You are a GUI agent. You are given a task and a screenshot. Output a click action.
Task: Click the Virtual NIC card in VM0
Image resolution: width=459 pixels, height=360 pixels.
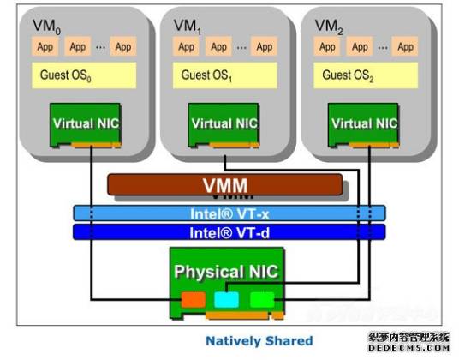click(x=85, y=123)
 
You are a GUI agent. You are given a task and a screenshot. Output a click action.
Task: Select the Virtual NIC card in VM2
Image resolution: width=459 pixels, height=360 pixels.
click(x=365, y=123)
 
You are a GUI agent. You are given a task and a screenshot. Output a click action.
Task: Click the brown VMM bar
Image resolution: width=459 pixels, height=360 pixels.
click(x=224, y=184)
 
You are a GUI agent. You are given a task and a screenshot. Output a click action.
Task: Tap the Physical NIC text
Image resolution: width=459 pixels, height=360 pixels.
click(x=226, y=273)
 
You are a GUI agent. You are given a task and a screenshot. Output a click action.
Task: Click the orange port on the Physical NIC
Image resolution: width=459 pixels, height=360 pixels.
click(x=194, y=299)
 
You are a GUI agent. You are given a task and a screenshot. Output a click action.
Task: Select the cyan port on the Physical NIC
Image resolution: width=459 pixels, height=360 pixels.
click(x=226, y=299)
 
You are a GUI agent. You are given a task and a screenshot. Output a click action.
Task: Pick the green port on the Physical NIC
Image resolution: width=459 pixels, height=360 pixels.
click(x=261, y=299)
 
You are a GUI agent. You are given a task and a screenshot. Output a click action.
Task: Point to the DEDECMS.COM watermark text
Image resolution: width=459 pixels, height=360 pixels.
click(x=408, y=350)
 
